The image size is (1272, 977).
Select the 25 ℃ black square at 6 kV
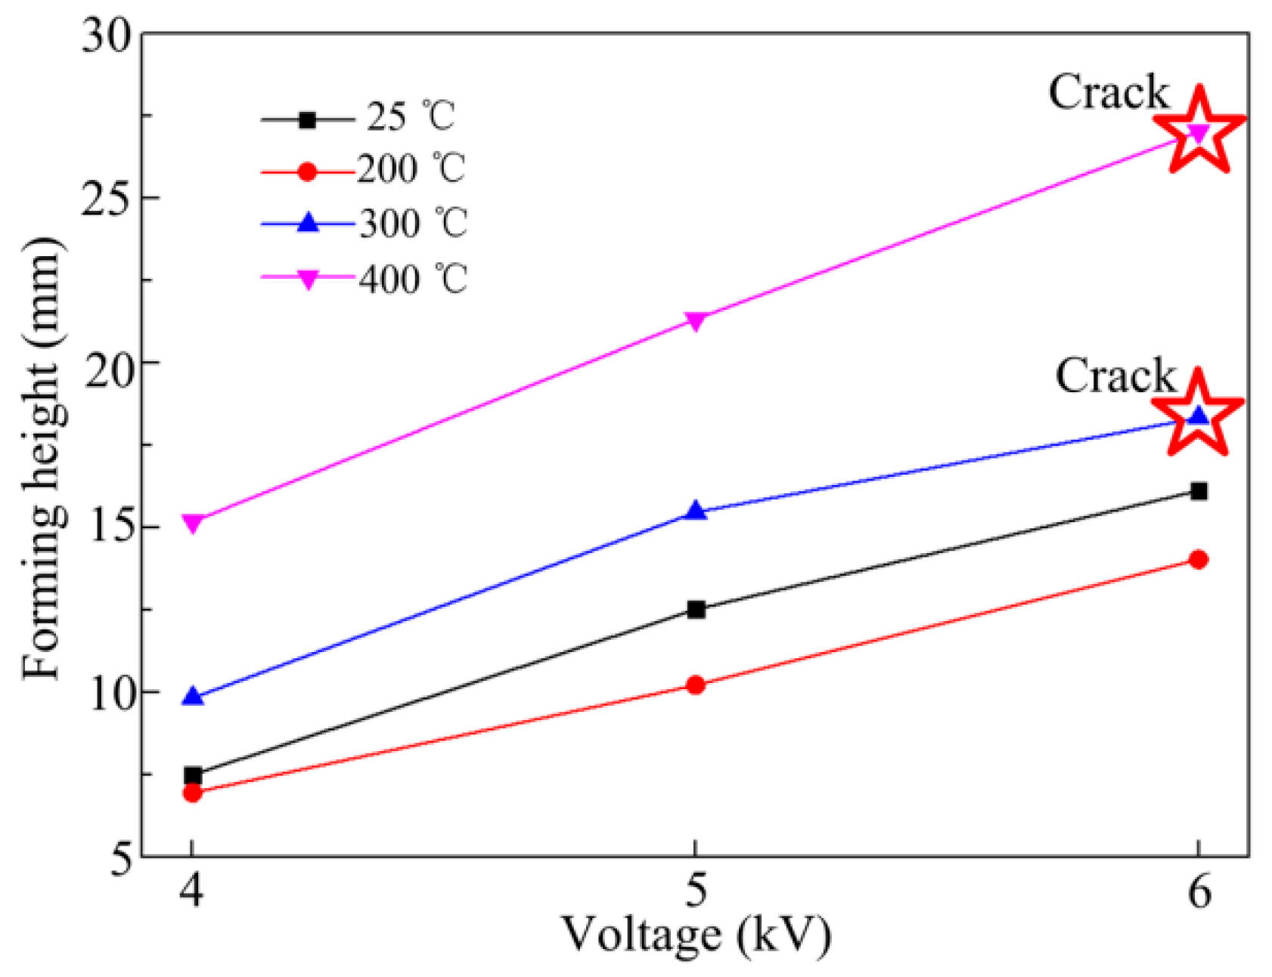click(x=1198, y=492)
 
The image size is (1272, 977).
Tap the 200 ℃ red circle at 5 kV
click(x=695, y=685)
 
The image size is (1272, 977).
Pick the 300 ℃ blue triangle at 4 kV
click(x=193, y=697)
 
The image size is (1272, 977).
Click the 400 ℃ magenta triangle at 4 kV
click(x=193, y=523)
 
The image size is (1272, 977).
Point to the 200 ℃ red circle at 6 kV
click(x=1198, y=560)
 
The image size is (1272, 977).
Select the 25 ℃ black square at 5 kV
click(x=695, y=609)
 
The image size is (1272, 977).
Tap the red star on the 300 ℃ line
click(x=1199, y=414)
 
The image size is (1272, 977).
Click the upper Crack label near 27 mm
click(x=1108, y=92)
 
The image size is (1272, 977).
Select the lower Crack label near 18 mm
click(x=1115, y=376)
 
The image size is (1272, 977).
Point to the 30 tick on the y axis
click(x=106, y=35)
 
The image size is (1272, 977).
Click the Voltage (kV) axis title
click(x=695, y=935)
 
